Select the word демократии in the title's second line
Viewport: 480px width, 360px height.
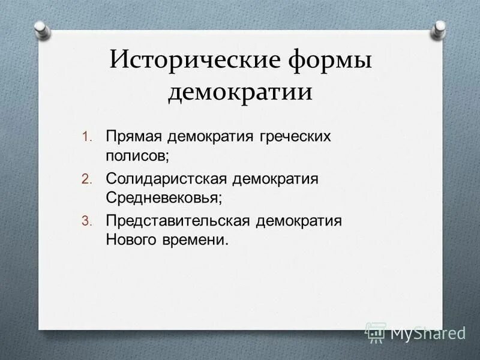pyautogui.click(x=240, y=92)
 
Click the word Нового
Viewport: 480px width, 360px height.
pyautogui.click(x=133, y=239)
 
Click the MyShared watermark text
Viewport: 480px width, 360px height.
pyautogui.click(x=427, y=332)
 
